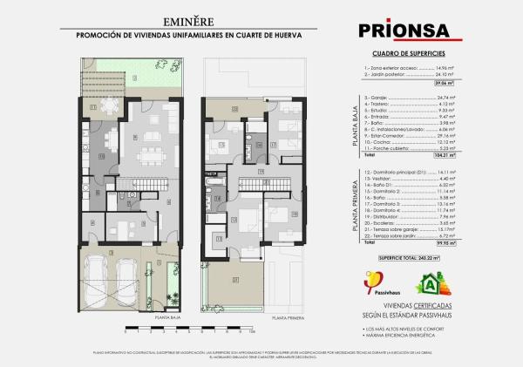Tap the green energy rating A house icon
[x=428, y=283]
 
